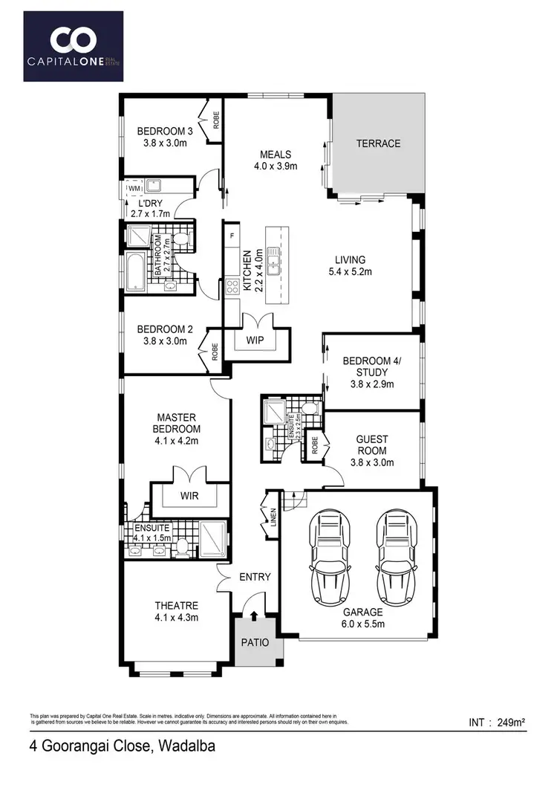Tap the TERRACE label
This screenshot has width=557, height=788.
pos(378,143)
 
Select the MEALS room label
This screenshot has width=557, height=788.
pos(275,155)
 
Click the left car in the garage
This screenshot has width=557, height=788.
pos(331,552)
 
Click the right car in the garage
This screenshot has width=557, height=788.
pos(396,552)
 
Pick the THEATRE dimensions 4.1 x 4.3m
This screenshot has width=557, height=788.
pos(177,617)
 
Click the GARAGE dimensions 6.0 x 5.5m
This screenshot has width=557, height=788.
pos(362,624)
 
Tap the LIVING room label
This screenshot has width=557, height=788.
pos(350,259)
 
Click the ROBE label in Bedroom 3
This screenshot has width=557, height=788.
pos(216,120)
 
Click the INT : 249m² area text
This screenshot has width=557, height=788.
pos(498,722)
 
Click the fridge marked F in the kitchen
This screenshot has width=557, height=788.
pos(232,236)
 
